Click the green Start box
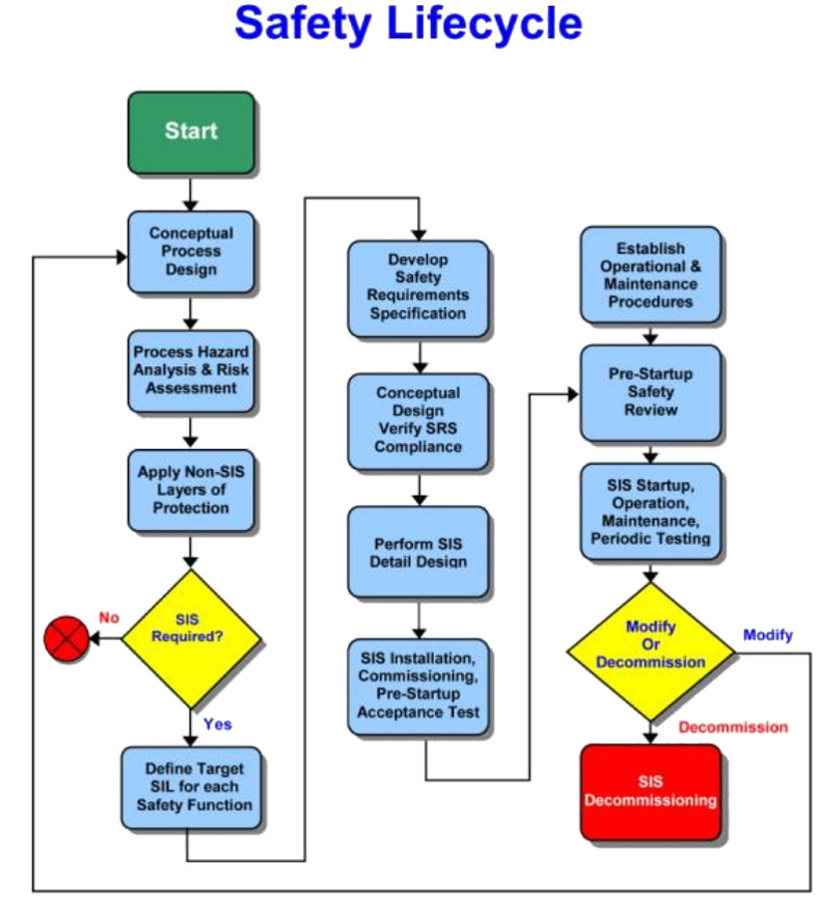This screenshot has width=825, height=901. [191, 131]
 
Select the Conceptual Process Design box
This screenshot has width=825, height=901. [191, 251]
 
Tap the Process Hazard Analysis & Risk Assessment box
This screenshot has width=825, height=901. [191, 370]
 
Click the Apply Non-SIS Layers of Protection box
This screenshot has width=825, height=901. [191, 490]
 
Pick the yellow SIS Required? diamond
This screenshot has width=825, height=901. [191, 638]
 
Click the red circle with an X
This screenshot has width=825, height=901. [67, 639]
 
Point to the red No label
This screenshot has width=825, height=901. [109, 618]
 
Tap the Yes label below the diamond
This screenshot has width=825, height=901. [217, 724]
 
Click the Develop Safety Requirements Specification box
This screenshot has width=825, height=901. [418, 286]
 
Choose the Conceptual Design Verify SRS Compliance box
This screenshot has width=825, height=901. [418, 420]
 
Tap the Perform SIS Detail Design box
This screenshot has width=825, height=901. [418, 552]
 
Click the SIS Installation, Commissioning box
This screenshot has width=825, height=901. [418, 685]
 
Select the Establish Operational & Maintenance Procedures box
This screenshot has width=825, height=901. [650, 274]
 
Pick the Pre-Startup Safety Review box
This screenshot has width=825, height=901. [650, 392]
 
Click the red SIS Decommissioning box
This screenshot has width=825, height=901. [650, 791]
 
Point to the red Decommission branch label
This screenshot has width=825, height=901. [732, 727]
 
